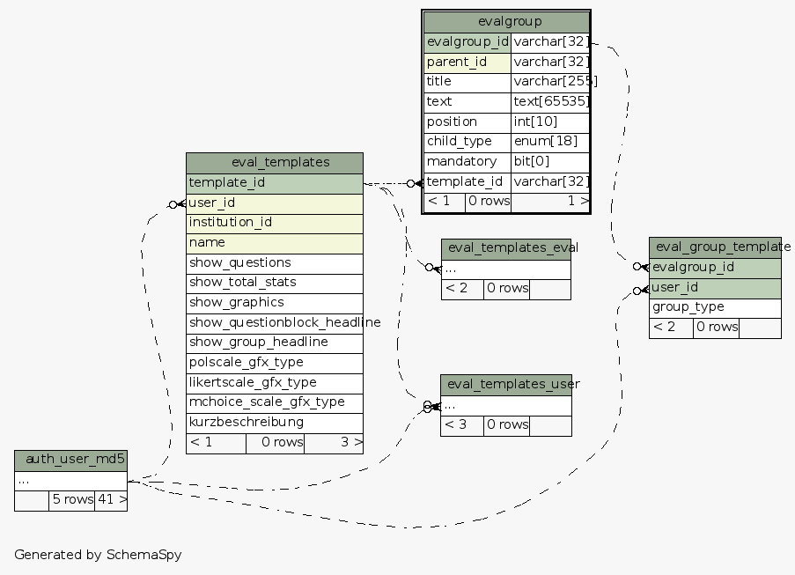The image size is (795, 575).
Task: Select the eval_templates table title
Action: [x=275, y=162]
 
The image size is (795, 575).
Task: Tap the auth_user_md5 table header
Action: [x=71, y=460]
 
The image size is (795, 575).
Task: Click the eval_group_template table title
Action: [x=715, y=247]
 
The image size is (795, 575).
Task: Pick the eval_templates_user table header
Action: [x=506, y=384]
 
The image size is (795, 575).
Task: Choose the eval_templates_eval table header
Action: [x=506, y=247]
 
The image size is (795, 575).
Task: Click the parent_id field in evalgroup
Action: [x=467, y=62]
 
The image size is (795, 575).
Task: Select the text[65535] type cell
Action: [x=550, y=101]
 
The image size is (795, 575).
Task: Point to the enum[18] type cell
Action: [x=550, y=141]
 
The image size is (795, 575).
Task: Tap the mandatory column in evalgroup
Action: [x=467, y=161]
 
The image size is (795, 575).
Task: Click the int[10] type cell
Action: [x=550, y=122]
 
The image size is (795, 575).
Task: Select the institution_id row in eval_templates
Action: [x=275, y=222]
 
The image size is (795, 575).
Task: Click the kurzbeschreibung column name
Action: [x=275, y=422]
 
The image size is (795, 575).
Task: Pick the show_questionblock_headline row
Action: [x=275, y=322]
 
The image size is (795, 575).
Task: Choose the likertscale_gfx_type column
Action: [x=275, y=382]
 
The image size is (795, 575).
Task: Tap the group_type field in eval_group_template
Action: [x=715, y=307]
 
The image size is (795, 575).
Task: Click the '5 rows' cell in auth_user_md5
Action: [x=71, y=499]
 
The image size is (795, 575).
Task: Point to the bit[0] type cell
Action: [x=550, y=161]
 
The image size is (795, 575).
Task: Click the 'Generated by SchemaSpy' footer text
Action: [x=98, y=555]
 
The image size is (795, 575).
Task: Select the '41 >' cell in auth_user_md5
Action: [x=111, y=499]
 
